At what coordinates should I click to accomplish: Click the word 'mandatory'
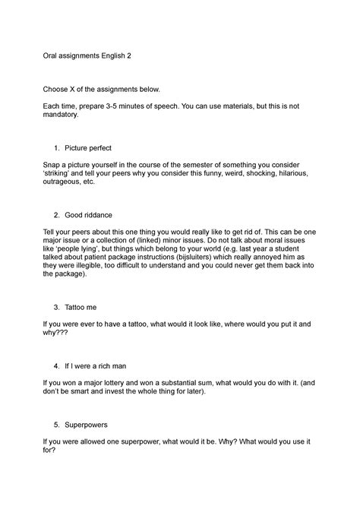click(66, 119)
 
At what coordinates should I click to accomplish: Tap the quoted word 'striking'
click(58, 172)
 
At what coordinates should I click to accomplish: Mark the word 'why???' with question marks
click(56, 334)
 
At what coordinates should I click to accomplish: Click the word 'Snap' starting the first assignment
click(52, 163)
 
